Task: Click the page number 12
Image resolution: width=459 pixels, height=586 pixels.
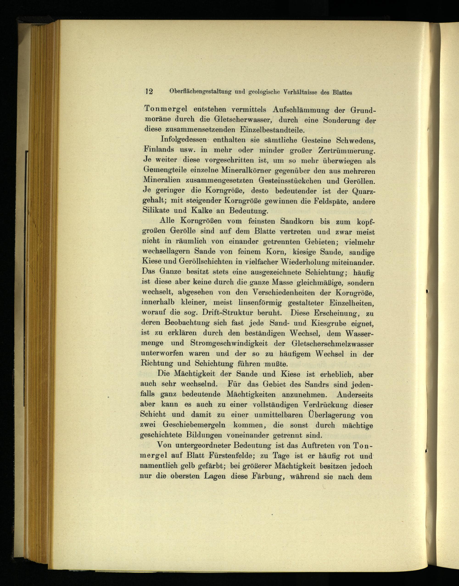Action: (x=149, y=91)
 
